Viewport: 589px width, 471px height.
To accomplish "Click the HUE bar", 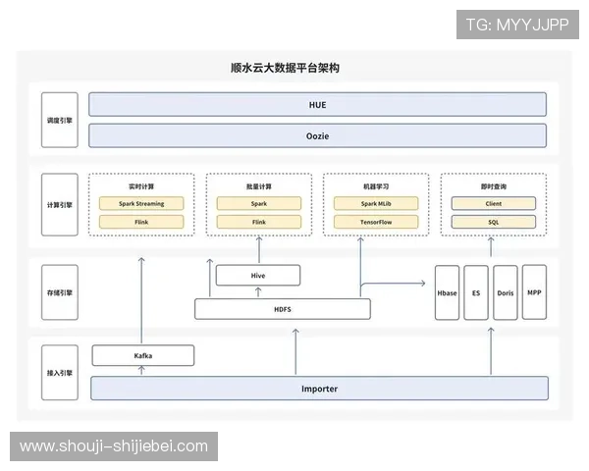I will pos(317,104).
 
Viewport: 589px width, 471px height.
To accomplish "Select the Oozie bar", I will pos(317,135).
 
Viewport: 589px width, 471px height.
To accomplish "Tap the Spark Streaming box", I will pos(141,204).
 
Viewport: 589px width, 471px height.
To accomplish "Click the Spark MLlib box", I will pos(376,204).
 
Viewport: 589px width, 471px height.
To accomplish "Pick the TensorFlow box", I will pos(376,223).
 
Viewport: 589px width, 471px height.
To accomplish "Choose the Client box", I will pos(494,204).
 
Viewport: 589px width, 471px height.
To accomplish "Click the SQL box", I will pos(494,223).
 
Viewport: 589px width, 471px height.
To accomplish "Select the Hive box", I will pos(258,276).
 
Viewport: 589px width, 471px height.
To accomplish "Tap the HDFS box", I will pos(283,309).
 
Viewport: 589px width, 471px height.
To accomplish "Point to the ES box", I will pos(475,292).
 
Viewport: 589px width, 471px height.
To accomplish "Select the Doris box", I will pos(505,292).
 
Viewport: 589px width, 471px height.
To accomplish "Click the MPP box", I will pos(534,291).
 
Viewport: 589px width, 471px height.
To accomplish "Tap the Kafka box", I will pos(143,355).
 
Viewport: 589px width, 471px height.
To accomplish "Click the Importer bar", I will pos(319,389).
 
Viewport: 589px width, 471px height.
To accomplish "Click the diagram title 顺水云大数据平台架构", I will pos(292,68).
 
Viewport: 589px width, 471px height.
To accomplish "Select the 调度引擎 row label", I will pos(59,120).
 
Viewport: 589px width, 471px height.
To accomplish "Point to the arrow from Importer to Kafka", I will pos(141,371).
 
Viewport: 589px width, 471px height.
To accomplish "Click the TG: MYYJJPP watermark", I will pos(517,25).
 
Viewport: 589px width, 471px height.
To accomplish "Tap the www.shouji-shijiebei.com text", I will pos(114,446).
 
